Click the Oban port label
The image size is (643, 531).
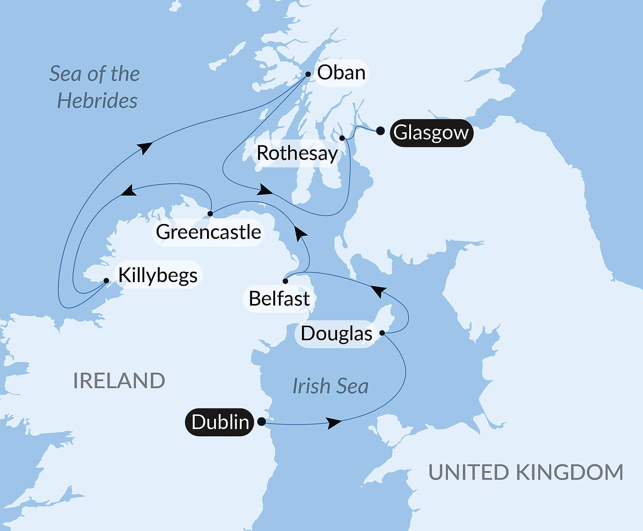point(341,73)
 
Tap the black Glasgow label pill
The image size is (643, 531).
point(431,133)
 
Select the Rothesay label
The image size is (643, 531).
point(297,153)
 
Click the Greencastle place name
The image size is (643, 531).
point(208,232)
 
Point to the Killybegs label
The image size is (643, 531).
point(158,275)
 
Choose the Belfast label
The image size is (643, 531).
point(279,298)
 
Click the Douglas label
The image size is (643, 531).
point(336,334)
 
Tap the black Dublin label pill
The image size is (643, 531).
point(220,422)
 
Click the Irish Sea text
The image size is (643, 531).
point(330,386)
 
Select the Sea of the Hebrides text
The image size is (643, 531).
point(95,87)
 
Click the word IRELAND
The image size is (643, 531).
point(119,381)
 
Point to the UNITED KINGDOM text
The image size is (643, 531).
point(526,472)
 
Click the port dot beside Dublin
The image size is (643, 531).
point(262,421)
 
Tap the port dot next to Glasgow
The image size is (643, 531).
point(380,131)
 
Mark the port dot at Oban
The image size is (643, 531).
point(308,74)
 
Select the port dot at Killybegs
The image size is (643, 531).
point(106,281)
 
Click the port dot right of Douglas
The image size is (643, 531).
point(382,333)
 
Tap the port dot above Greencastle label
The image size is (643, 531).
point(210,214)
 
